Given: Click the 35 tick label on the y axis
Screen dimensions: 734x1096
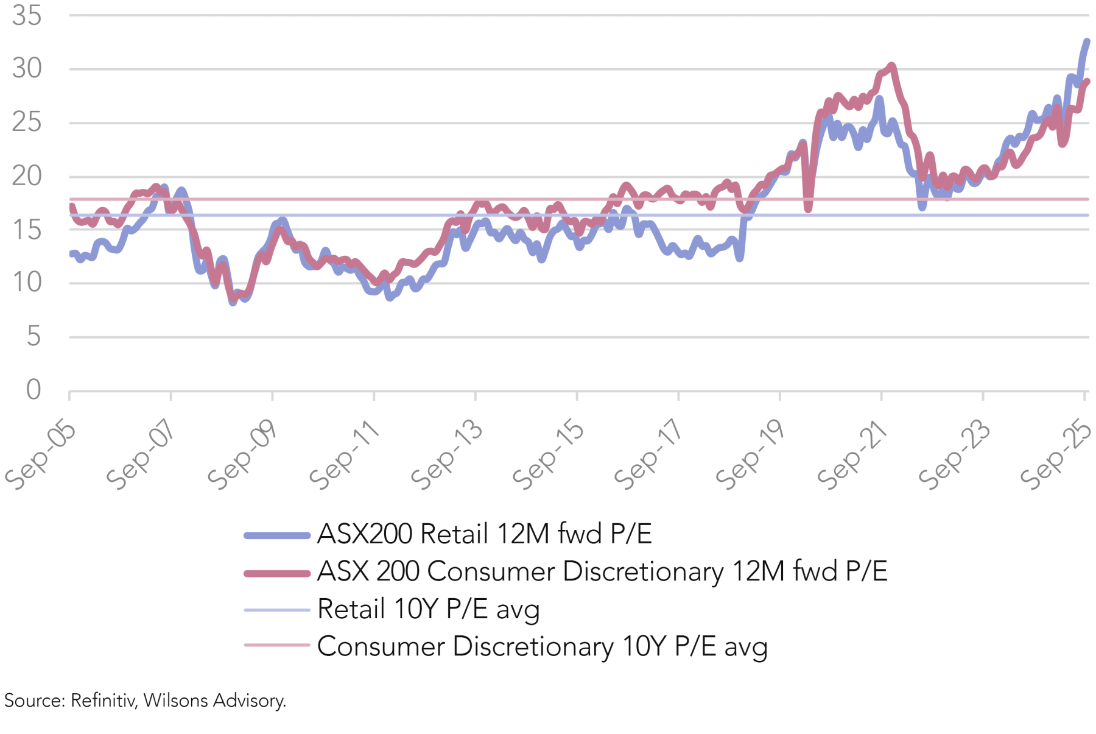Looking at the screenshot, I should click(27, 16).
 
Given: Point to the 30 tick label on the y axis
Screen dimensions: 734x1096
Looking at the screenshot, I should click(27, 68).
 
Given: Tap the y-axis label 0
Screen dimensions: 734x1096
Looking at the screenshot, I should click(33, 390).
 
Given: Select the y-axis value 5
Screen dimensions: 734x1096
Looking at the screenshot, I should click(33, 336).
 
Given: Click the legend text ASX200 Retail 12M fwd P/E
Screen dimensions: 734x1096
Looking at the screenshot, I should click(485, 534).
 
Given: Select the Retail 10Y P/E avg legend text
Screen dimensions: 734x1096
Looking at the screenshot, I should click(428, 609).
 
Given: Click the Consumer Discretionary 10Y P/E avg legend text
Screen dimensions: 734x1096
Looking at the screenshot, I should click(542, 647).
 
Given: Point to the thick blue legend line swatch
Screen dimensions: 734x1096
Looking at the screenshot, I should click(277, 535).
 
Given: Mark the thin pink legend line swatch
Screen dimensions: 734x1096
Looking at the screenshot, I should click(277, 644).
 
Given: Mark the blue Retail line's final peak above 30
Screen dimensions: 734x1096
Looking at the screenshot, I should click(1087, 41).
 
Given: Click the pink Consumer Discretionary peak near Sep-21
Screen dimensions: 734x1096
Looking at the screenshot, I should click(891, 65).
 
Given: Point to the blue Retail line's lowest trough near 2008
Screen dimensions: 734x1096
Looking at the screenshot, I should click(233, 302).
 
